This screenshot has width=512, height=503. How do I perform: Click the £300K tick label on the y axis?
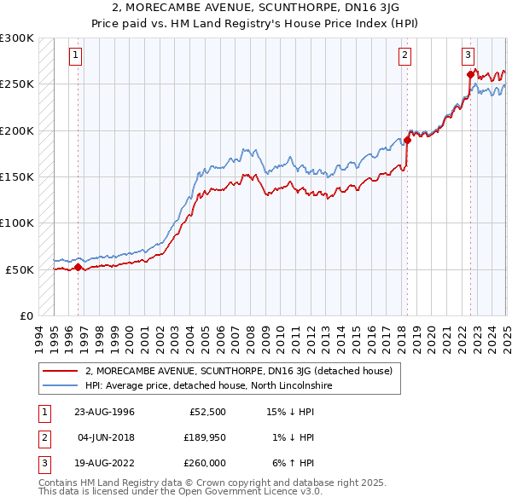coord(17,38)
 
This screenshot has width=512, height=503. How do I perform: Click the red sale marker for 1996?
coord(78,267)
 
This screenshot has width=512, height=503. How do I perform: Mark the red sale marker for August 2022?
coord(470,75)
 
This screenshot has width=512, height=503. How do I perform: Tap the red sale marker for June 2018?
coord(408,141)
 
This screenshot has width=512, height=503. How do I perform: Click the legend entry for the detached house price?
coord(238,371)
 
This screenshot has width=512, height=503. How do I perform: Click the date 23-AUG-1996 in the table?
coord(104,412)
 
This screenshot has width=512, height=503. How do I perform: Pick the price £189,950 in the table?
coord(202,437)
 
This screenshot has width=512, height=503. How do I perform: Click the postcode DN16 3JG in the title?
coord(368,7)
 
